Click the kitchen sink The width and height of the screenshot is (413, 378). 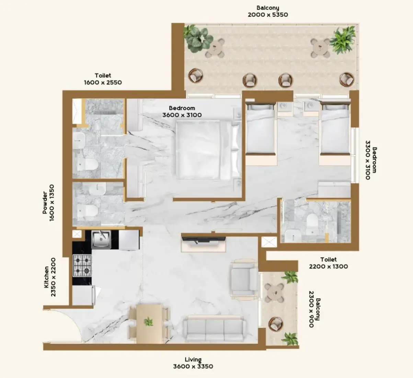click(101, 239)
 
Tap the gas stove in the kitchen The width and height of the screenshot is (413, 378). click(82, 266)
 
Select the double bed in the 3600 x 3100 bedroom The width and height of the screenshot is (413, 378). click(208, 150)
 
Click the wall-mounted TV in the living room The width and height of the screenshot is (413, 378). click(204, 239)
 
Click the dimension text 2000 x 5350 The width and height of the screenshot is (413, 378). click(268, 15)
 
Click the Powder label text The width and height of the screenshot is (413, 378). click(45, 203)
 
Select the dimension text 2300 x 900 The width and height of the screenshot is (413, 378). click(311, 309)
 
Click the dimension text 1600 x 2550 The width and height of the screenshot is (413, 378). click(103, 82)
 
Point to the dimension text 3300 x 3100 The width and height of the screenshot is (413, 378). click(368, 160)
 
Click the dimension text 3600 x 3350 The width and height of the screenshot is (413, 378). click(193, 366)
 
